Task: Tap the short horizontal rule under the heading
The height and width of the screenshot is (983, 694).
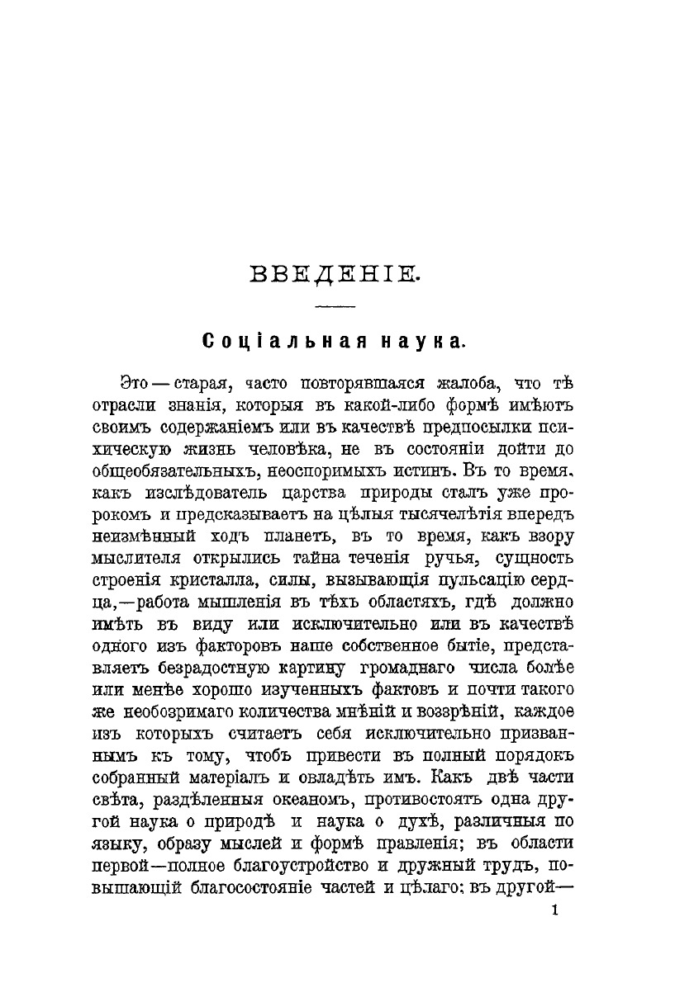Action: pos(335,308)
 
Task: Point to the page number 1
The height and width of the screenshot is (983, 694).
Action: pos(554,910)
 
